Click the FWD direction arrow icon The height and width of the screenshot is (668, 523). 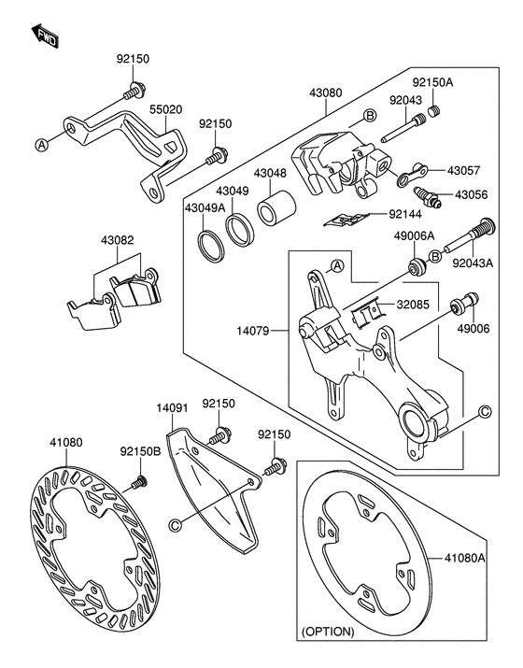click(45, 36)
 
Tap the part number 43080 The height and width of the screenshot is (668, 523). click(326, 93)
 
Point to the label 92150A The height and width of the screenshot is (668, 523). click(459, 81)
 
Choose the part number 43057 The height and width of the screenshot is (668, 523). click(463, 171)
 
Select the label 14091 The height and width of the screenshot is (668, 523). click(172, 408)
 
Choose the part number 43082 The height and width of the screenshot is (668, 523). click(118, 240)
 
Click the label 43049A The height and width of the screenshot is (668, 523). click(204, 206)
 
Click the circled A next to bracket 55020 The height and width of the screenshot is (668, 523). click(41, 143)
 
